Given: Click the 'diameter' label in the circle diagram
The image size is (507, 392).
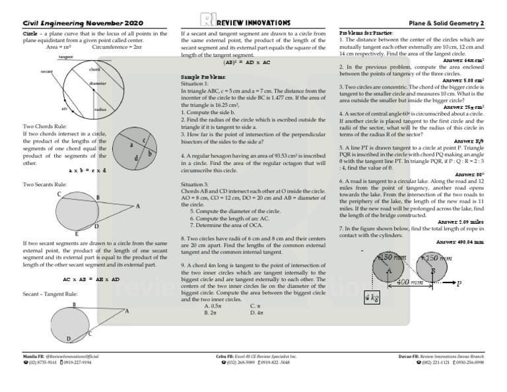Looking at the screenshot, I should click(98, 84).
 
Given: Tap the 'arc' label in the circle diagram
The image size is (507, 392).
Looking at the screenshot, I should click(64, 108).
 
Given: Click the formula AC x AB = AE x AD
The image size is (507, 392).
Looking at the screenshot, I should click(87, 279).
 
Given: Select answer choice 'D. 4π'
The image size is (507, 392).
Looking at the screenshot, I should click(259, 313).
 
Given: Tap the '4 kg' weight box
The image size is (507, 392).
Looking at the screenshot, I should click(372, 298).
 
